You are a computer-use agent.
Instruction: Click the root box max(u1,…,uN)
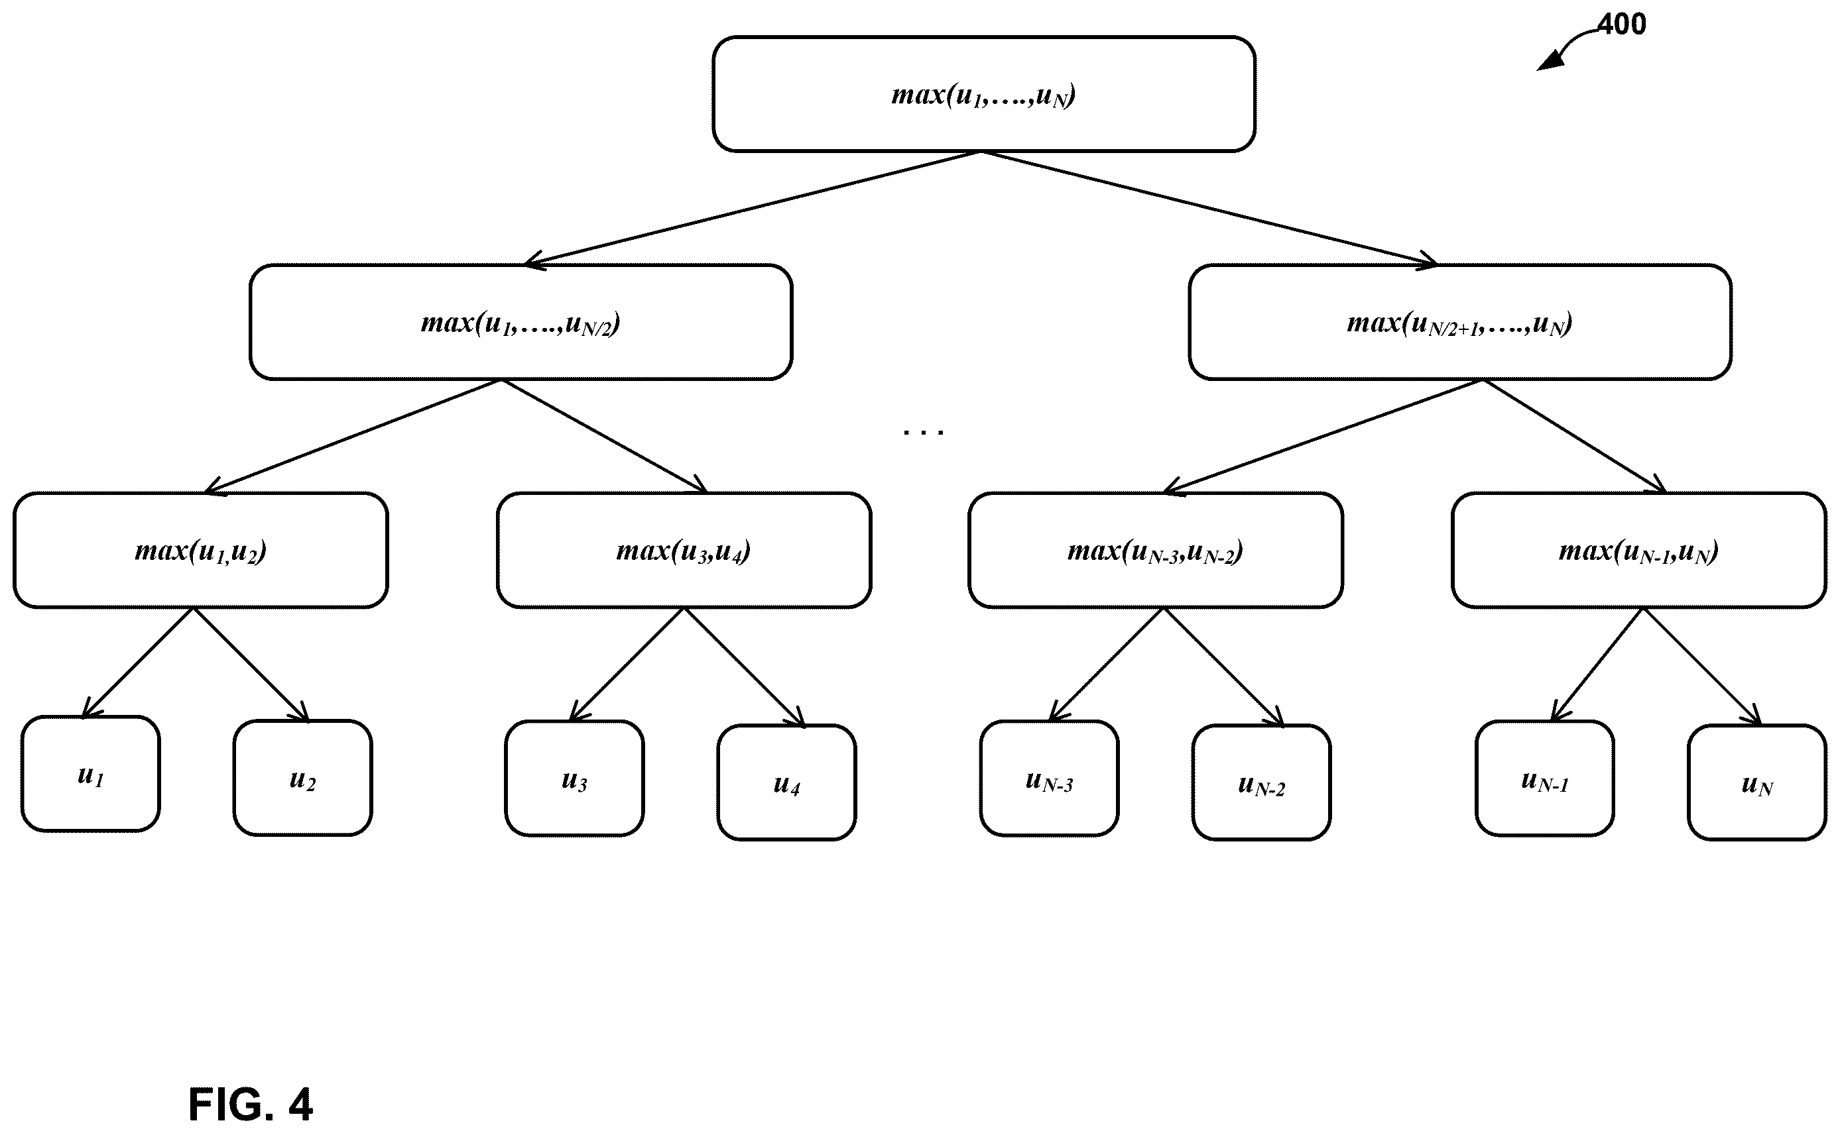[984, 94]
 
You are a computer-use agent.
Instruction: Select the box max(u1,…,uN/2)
[521, 322]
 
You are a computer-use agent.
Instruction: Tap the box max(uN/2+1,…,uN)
[1460, 322]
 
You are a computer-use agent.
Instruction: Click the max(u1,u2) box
[201, 550]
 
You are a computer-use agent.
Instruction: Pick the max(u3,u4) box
[684, 550]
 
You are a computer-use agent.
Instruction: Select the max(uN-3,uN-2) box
[1156, 550]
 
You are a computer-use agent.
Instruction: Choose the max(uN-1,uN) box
[1638, 550]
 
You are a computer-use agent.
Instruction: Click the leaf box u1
[91, 774]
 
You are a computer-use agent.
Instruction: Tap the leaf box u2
[303, 779]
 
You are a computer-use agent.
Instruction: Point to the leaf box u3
[574, 779]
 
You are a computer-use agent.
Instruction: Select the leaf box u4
[786, 783]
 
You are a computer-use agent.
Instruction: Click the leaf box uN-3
[1049, 779]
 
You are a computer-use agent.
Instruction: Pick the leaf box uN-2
[1261, 783]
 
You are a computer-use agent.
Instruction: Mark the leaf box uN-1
[1544, 779]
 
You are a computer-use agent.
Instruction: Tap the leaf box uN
[1756, 783]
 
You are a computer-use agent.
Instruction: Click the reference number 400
[1621, 24]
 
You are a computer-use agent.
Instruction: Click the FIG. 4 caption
[251, 1104]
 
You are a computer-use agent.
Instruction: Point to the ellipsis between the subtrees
[924, 431]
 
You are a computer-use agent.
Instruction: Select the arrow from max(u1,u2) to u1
[137, 663]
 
